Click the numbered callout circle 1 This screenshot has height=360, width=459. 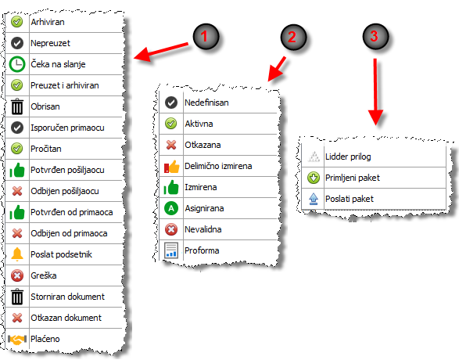pos(206,37)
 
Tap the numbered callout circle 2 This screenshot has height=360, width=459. pos(293,37)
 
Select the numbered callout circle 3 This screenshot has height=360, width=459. pos(375,37)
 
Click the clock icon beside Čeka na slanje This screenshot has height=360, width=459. pos(17,64)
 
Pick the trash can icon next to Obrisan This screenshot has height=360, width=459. pos(17,106)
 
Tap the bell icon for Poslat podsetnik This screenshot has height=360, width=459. pos(17,254)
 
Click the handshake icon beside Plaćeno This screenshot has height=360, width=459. pos(17,339)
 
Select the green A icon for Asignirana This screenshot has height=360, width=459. pos(171,208)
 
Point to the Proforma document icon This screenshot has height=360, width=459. pos(171,250)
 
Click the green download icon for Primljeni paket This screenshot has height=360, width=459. pos(314,178)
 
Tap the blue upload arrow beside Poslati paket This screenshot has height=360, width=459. pos(314,199)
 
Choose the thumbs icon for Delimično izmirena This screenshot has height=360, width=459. pos(171,167)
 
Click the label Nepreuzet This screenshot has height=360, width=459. pos(50,43)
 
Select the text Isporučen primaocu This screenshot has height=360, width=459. pos(67,128)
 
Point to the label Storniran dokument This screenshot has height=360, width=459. pos(67,297)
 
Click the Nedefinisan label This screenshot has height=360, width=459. pos(206,103)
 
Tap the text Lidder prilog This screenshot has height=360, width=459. pos(348,157)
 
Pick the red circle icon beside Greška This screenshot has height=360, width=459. pos(17,275)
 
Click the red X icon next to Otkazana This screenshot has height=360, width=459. pos(171,145)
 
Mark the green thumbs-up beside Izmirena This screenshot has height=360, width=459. pos(171,187)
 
